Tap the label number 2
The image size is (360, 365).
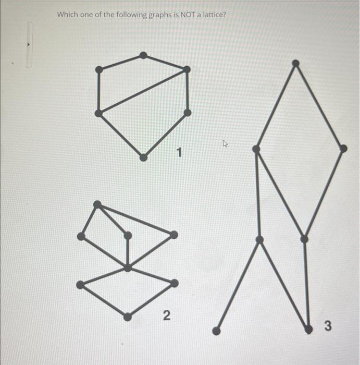click(x=166, y=315)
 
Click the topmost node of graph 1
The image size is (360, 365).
click(x=143, y=55)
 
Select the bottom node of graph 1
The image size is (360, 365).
click(x=143, y=157)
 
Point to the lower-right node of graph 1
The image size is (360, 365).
click(x=188, y=112)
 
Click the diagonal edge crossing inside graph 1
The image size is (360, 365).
click(x=143, y=91)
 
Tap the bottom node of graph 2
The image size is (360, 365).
click(x=128, y=316)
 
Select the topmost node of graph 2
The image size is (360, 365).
click(x=96, y=204)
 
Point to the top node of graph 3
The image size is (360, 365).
click(x=295, y=63)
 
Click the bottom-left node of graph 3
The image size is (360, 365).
click(x=216, y=330)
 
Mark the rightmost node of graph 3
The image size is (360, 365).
click(x=343, y=149)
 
